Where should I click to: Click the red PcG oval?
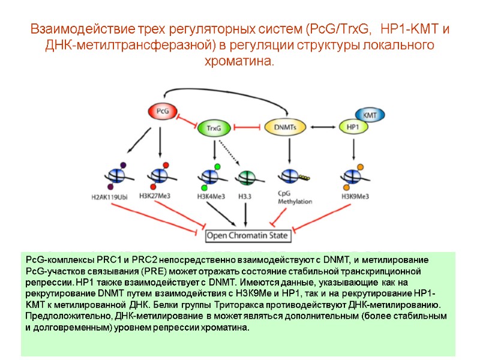[162, 111]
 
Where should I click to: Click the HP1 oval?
[353, 127]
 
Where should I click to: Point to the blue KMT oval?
[370, 113]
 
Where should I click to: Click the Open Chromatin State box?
[248, 235]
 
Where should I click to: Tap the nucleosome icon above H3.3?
[245, 178]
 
